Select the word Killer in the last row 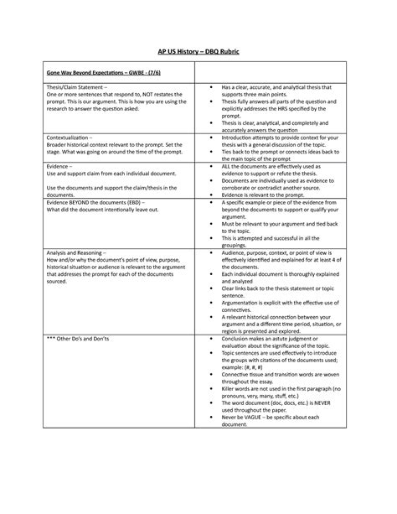click(x=229, y=388)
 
